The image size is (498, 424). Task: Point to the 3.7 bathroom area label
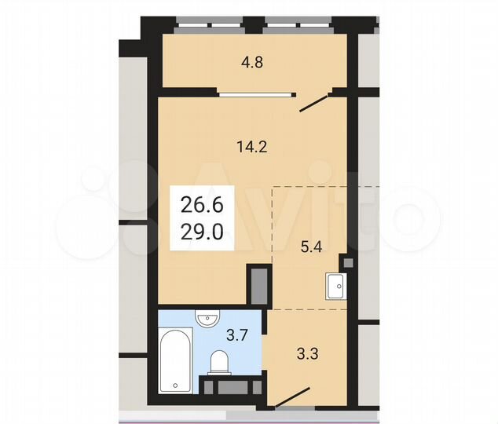tap(237, 335)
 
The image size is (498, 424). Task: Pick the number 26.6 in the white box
tap(202, 207)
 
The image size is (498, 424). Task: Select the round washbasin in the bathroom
tap(207, 320)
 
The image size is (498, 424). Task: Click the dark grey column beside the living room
tap(258, 285)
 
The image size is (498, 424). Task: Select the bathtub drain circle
tap(174, 386)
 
